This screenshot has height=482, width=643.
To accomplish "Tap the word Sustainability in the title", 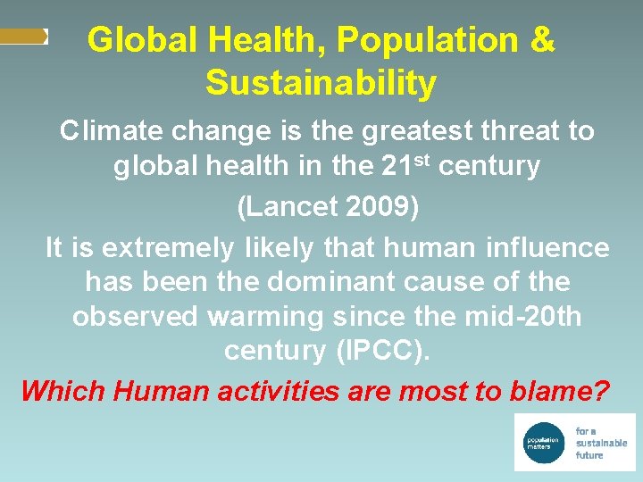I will point(321,83).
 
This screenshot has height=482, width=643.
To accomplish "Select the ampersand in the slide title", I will point(542,40).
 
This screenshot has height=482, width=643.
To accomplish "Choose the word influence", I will point(546,247).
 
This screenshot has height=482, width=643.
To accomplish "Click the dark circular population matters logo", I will point(541,442).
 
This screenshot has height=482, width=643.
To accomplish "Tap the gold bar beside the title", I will point(23,37).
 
